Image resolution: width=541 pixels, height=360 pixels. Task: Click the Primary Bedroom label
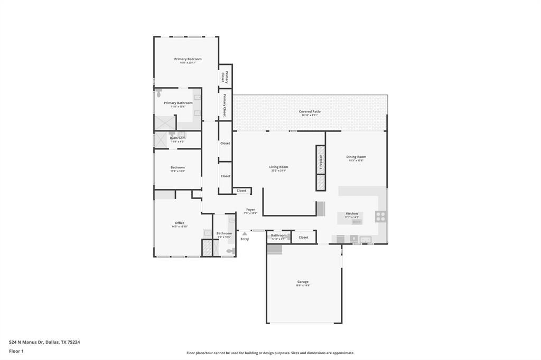(188, 59)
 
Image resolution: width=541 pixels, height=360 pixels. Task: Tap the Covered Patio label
(310, 111)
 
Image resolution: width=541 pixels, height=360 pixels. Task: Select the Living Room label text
(278, 167)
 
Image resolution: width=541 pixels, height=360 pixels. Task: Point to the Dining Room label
(356, 157)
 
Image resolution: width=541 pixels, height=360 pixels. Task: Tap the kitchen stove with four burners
(380, 216)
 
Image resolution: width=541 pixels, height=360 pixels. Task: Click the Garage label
(303, 282)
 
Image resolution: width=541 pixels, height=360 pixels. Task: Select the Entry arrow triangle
(245, 233)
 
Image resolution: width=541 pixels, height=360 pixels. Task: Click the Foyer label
(250, 210)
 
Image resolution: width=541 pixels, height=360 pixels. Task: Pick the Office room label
(180, 223)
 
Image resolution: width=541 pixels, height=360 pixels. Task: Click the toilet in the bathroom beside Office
(230, 251)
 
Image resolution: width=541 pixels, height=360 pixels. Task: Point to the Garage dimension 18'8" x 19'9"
(303, 286)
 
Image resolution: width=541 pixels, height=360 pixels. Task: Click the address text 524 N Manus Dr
(26, 342)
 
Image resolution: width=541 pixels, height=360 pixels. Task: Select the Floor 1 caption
(16, 350)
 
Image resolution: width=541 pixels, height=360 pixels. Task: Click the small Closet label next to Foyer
(241, 191)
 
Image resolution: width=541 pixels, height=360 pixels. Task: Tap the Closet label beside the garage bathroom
(303, 238)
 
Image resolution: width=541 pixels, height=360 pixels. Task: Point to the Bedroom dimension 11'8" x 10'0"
(178, 171)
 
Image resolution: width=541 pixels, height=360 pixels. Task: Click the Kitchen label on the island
(352, 214)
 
